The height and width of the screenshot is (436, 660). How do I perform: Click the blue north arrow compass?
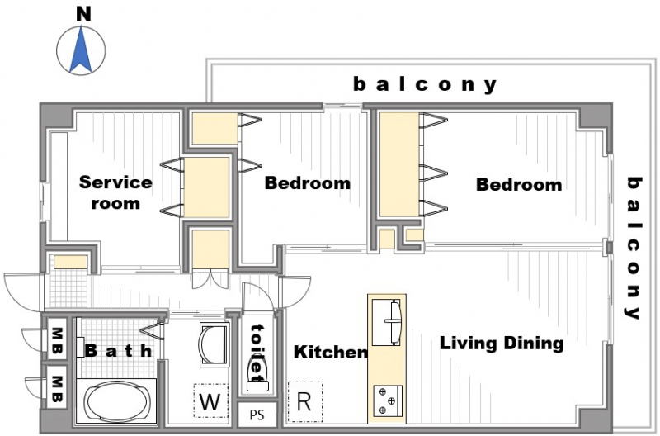81,50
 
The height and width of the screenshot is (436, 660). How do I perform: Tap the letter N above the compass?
84,14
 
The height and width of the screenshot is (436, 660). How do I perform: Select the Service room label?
115,192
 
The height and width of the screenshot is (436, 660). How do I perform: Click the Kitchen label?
331,352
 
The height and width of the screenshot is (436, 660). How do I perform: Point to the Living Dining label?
502,344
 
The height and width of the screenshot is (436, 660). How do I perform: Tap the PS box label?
257,415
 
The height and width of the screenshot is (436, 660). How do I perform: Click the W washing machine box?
210,400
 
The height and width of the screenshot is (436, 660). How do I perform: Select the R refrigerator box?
305,402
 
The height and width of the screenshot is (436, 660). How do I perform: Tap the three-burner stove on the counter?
388,400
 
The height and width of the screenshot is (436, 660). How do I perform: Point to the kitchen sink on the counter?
386,322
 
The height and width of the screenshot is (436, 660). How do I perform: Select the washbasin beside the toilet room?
214,344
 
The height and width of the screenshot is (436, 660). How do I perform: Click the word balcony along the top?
425,85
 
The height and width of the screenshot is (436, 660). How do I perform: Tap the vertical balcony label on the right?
634,248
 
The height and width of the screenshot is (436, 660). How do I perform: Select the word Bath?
119,350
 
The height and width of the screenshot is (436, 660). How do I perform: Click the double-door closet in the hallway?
210,278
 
